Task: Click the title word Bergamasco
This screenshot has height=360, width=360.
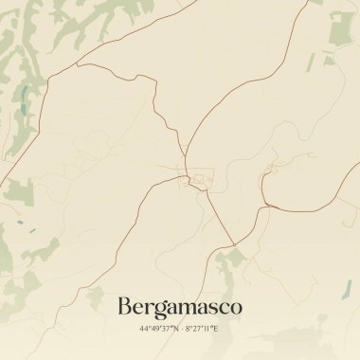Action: pyautogui.click(x=180, y=307)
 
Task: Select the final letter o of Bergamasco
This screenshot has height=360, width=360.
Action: pyautogui.click(x=236, y=308)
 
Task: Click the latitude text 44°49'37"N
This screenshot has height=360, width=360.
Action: pyautogui.click(x=156, y=329)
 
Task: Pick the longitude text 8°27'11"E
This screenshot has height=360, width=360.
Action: pyautogui.click(x=201, y=329)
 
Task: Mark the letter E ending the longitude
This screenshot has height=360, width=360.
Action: pyautogui.click(x=216, y=329)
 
